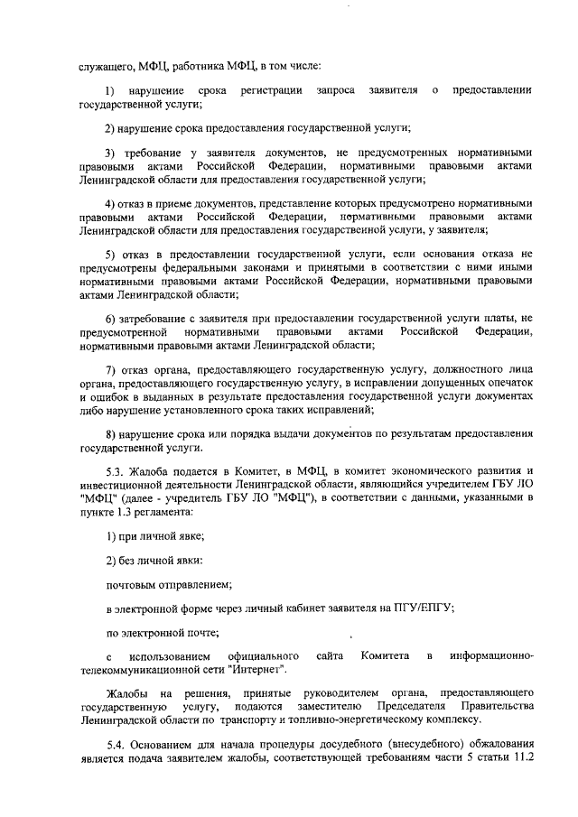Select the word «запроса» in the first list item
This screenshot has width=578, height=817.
[336, 92]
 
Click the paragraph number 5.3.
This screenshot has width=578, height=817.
[116, 472]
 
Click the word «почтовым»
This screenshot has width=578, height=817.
[135, 584]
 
